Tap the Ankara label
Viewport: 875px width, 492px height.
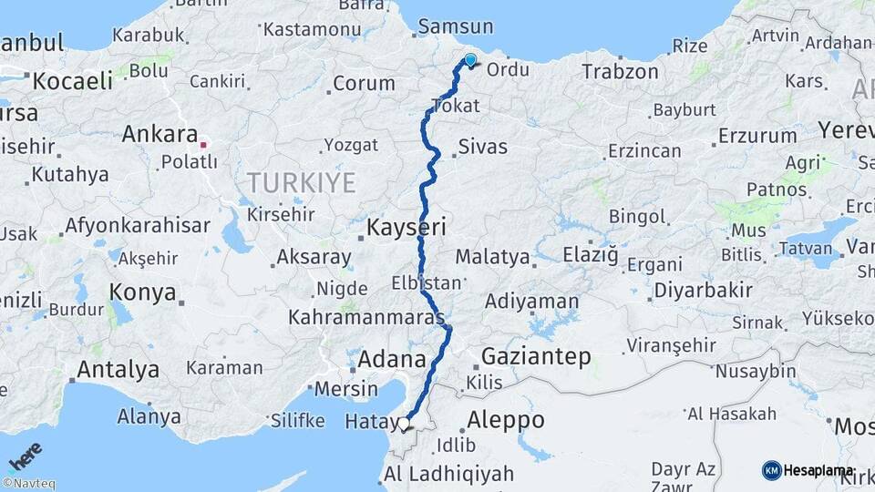pyautogui.click(x=160, y=135)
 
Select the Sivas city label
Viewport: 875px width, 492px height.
pyautogui.click(x=483, y=146)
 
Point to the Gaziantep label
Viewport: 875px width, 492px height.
pyautogui.click(x=536, y=356)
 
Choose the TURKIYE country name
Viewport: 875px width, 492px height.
pyautogui.click(x=301, y=183)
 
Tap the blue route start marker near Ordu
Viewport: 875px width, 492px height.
pyautogui.click(x=470, y=61)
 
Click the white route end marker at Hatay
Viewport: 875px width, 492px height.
pyautogui.click(x=404, y=423)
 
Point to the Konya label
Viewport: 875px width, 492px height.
pyautogui.click(x=142, y=292)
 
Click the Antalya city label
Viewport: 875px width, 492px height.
pyautogui.click(x=118, y=370)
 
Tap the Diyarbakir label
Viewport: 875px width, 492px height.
pyautogui.click(x=703, y=291)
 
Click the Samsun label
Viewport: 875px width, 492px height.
pyautogui.click(x=456, y=27)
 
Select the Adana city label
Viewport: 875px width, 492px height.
pyautogui.click(x=392, y=358)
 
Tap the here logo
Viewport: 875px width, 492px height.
pyautogui.click(x=25, y=456)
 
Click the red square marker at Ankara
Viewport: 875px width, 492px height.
pyautogui.click(x=203, y=143)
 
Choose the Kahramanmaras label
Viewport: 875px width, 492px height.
pyautogui.click(x=365, y=319)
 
